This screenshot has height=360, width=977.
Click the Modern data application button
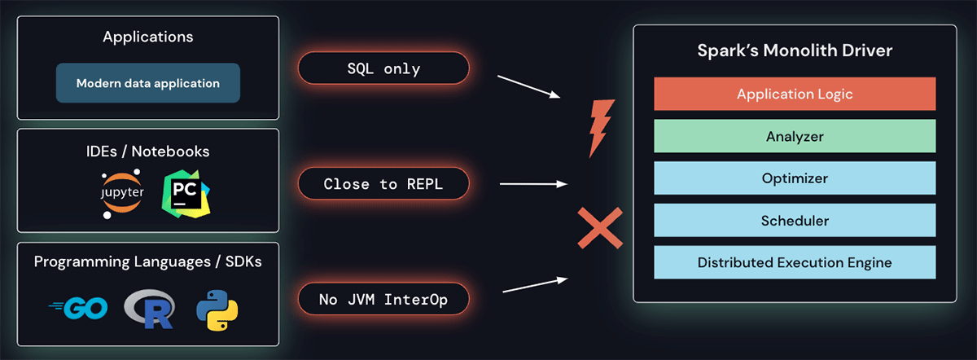pos(147,83)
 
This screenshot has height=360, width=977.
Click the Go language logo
pos(80,309)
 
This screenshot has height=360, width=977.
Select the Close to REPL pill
pos(383,184)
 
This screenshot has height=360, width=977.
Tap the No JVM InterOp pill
pos(383,300)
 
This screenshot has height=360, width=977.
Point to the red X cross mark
pos(600,227)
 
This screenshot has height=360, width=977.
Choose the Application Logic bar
pos(794,94)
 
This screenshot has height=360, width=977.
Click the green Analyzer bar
pos(794,136)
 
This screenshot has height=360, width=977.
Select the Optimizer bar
pos(794,178)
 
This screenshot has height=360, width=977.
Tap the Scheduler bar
pos(794,220)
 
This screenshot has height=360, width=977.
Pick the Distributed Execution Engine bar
pos(794,262)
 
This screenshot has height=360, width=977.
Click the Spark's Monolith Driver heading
pos(795,50)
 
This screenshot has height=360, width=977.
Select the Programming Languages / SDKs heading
pos(147,261)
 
